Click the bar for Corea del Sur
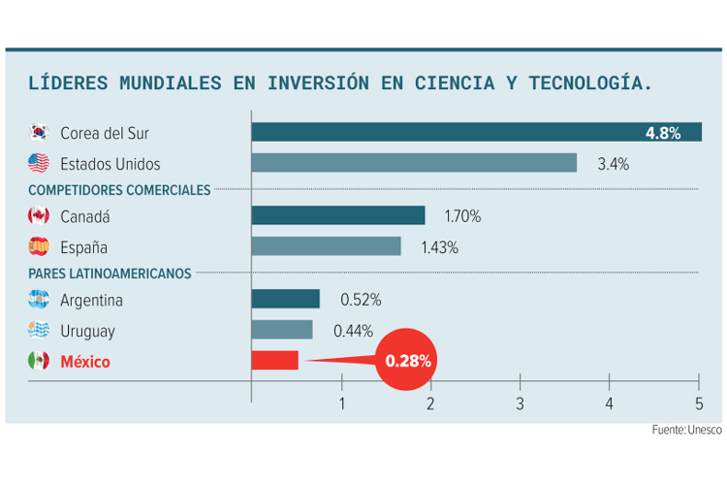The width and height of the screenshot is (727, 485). (475, 132)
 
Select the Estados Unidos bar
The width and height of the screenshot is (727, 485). (414, 163)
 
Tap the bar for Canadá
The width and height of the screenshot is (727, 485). (338, 215)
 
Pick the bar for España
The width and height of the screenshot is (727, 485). (326, 246)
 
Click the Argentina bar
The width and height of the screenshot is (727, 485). (286, 299)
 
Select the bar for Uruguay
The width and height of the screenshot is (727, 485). (282, 330)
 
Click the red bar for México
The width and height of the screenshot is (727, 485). (275, 361)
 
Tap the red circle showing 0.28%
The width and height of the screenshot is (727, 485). (408, 361)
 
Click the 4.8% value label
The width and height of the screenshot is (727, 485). (663, 133)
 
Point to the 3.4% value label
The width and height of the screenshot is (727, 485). (613, 164)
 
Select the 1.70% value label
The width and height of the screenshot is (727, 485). (462, 216)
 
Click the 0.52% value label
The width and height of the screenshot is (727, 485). (360, 300)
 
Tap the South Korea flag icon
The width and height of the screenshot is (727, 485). (39, 132)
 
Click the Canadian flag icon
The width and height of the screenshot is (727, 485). (39, 215)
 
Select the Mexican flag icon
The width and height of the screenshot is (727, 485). (39, 361)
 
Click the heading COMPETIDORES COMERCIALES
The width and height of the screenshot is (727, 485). (119, 190)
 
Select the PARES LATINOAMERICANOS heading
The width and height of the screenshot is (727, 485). (110, 274)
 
